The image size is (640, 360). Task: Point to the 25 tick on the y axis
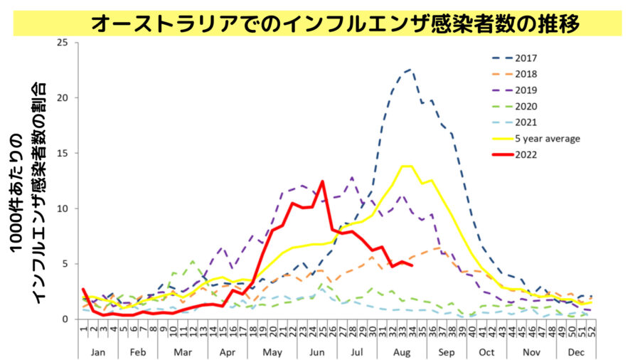63,43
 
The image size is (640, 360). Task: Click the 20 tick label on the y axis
63,98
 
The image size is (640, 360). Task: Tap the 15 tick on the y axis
63,153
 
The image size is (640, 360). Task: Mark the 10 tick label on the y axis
63,208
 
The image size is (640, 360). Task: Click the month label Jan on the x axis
100,352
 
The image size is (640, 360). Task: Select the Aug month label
402,352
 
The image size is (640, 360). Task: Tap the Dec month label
577,352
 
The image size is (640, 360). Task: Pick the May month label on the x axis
272,352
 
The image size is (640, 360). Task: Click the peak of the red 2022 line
322,181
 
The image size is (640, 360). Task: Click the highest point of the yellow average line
406,166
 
